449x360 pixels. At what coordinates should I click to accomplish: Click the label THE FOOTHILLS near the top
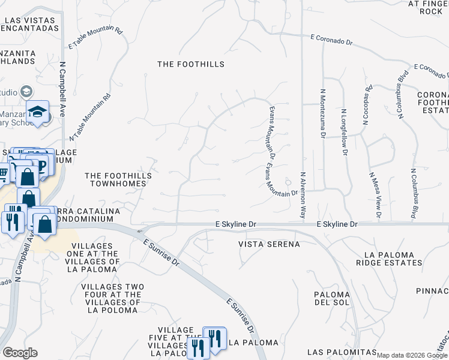pyautogui.click(x=191, y=64)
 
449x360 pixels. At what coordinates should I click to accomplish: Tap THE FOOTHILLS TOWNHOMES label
pyautogui.click(x=118, y=179)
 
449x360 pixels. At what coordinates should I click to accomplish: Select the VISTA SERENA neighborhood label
pyautogui.click(x=269, y=245)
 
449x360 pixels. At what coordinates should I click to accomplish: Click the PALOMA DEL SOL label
pyautogui.click(x=331, y=298)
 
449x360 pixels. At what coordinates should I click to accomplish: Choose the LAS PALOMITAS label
pyautogui.click(x=342, y=352)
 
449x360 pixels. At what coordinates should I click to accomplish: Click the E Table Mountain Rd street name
pyautogui.click(x=95, y=37)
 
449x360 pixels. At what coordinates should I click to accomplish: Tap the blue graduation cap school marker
pyautogui.click(x=38, y=112)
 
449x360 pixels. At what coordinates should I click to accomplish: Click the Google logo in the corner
pyautogui.click(x=20, y=353)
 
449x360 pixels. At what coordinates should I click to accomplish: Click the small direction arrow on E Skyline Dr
pyautogui.click(x=139, y=231)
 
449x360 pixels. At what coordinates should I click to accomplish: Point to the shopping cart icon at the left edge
pyautogui.click(x=4, y=174)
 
